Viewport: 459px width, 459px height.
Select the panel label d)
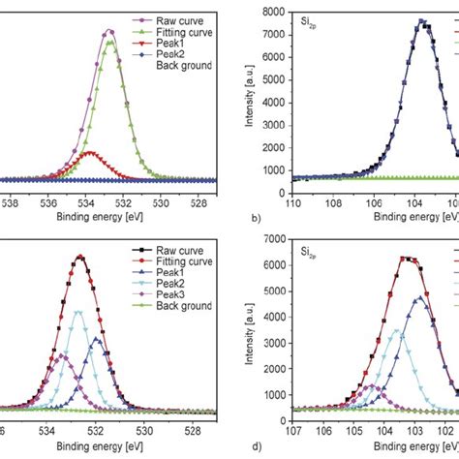[256, 444]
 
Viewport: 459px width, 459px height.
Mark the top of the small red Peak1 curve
[90, 152]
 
